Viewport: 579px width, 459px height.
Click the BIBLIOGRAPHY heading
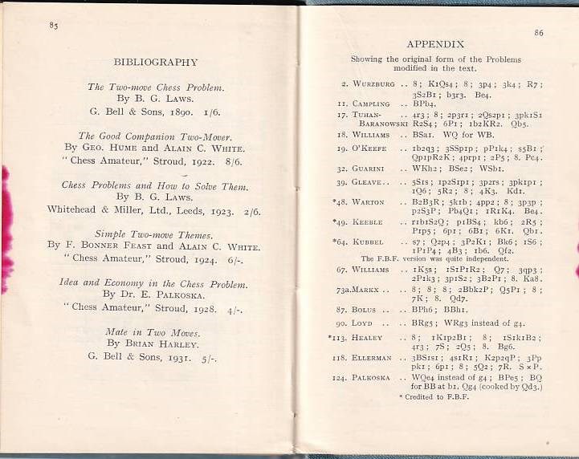(155, 62)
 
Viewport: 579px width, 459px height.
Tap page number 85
(54, 26)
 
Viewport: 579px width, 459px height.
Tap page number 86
(538, 33)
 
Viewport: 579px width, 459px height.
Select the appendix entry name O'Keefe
(371, 148)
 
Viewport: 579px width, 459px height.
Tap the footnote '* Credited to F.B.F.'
(434, 396)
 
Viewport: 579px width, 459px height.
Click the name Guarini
(369, 169)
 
